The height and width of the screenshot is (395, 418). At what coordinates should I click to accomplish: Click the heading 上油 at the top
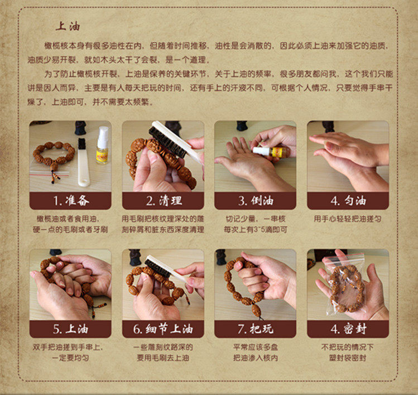coord(68,26)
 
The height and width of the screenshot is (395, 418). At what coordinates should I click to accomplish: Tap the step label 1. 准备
coord(71,201)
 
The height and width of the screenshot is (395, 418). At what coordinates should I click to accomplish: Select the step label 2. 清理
coord(164,201)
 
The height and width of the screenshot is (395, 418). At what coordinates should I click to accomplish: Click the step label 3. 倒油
coord(256,201)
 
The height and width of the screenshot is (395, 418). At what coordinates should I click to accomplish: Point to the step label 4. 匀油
coord(348,201)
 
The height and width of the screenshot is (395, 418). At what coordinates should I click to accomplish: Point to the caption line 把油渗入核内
coord(256,358)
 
